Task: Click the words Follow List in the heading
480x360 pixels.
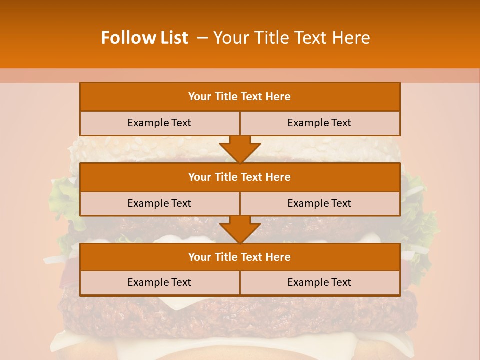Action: [144, 38]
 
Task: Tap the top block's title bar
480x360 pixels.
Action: [240, 97]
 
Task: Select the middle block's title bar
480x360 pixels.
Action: [240, 177]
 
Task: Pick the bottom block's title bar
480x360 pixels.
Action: [240, 257]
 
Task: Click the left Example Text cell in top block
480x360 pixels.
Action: [159, 123]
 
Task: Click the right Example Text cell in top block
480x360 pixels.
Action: [319, 123]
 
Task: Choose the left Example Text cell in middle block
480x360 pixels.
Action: [159, 203]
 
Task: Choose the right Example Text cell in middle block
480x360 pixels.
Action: [319, 203]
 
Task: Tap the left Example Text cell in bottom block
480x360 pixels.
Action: [159, 282]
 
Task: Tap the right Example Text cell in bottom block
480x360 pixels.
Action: [319, 282]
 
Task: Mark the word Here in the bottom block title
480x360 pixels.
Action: [278, 257]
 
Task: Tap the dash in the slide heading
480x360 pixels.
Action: [203, 38]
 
